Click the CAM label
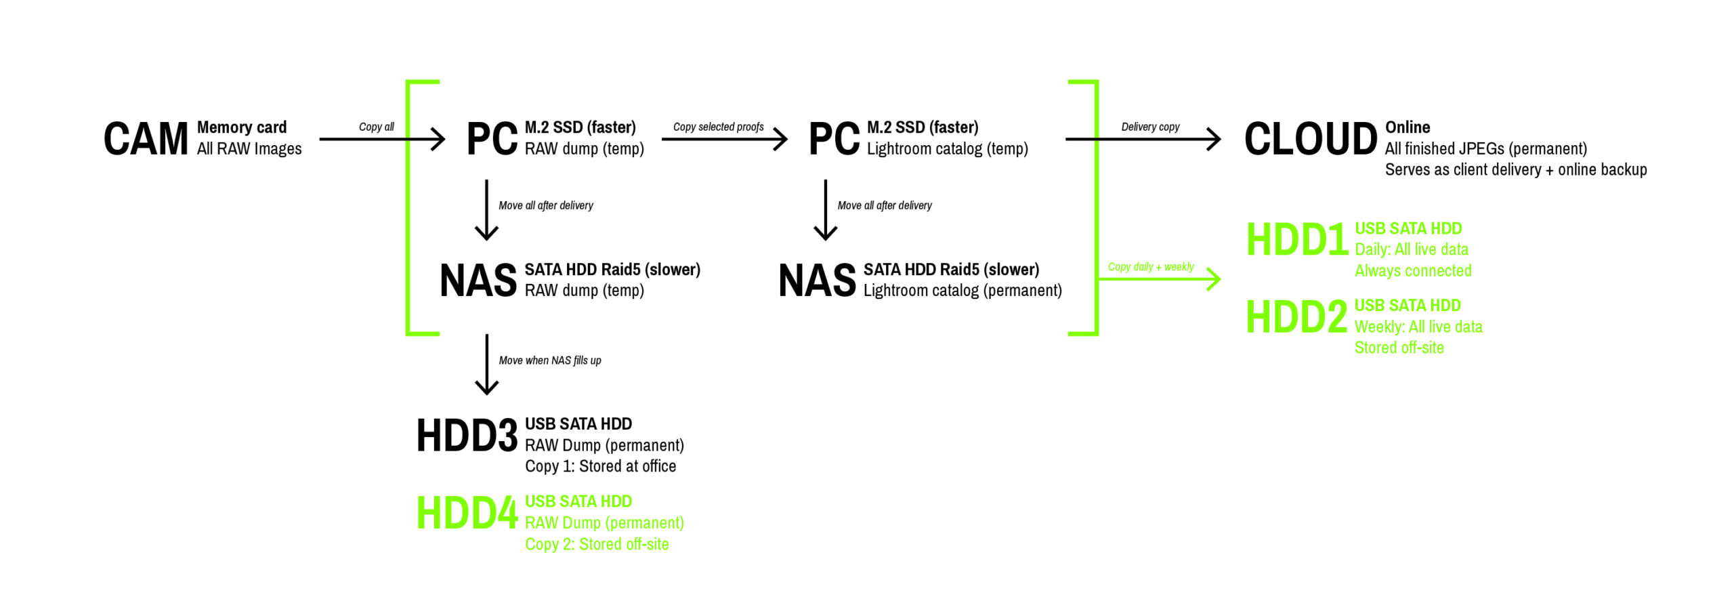146,139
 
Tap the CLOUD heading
1310,139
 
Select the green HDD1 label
1296,240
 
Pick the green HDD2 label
1296,317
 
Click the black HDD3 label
467,436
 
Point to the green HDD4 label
467,513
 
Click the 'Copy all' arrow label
376,127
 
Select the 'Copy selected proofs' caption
718,127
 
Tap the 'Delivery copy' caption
1149,127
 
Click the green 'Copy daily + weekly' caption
1150,267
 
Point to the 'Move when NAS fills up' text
549,360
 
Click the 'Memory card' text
242,127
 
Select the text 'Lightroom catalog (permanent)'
962,291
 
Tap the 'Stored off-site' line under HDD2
1399,348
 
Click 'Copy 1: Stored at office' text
600,466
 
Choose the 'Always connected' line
1412,271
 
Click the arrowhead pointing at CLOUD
1215,140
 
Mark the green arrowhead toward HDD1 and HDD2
1215,279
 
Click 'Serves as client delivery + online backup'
1515,169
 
